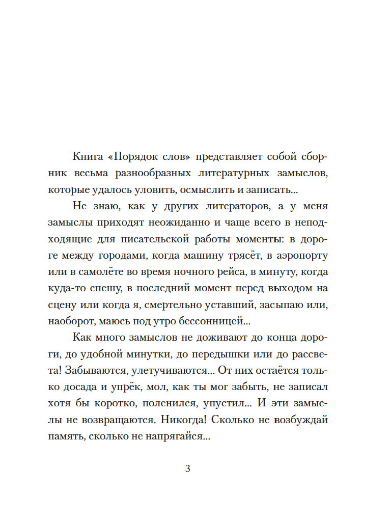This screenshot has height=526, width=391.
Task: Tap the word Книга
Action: click(89, 157)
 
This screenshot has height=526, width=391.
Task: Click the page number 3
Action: click(188, 469)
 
